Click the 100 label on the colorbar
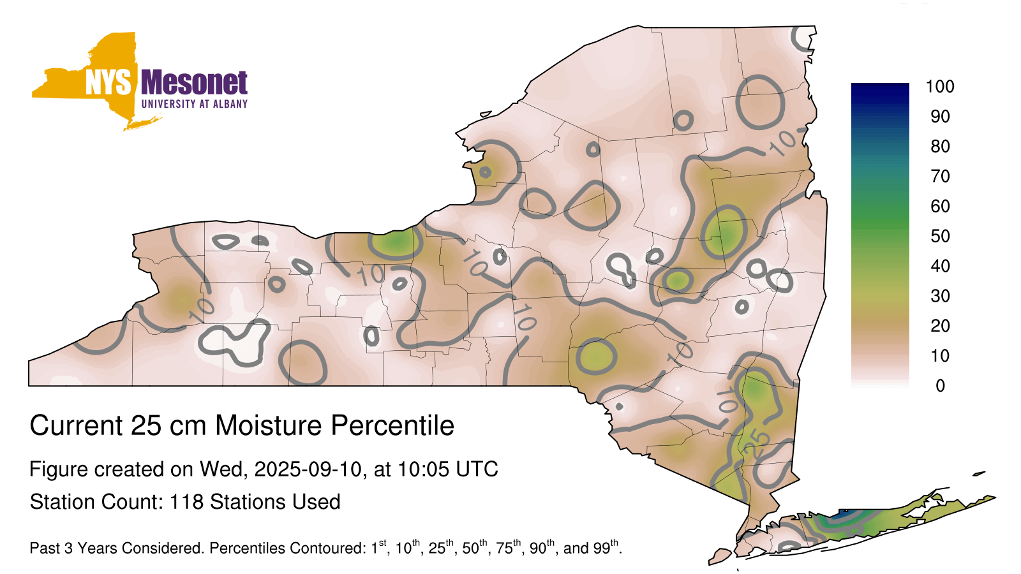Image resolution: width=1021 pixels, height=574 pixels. [x=940, y=87]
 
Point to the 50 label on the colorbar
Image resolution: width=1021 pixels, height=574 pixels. [x=940, y=236]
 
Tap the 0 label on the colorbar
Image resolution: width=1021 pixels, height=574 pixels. [x=941, y=386]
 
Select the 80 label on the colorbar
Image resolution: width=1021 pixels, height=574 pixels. [x=940, y=146]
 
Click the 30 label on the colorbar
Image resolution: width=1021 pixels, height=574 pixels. [x=940, y=296]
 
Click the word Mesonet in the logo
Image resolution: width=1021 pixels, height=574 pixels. [x=195, y=83]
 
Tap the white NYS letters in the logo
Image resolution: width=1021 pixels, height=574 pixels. [x=108, y=83]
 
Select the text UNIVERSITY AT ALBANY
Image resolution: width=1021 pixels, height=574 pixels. [x=195, y=104]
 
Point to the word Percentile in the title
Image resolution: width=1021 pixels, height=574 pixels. [x=392, y=425]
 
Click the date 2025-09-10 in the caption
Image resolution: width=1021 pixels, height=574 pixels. [x=307, y=469]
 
